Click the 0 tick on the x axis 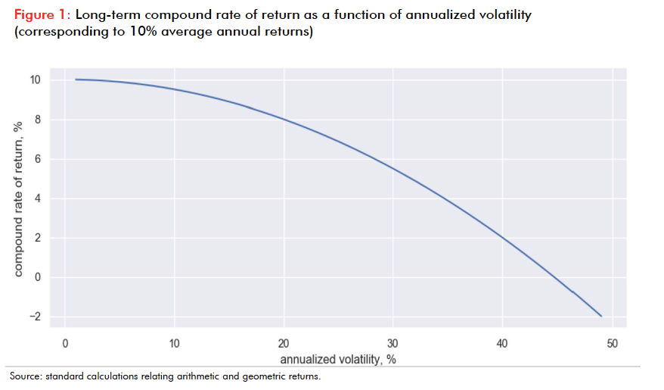click(67, 344)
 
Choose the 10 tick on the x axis click(175, 344)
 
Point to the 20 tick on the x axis click(284, 344)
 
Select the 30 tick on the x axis click(393, 344)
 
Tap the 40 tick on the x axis click(503, 344)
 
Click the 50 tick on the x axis click(612, 344)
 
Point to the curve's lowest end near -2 click(600, 316)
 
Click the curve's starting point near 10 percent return click(77, 80)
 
